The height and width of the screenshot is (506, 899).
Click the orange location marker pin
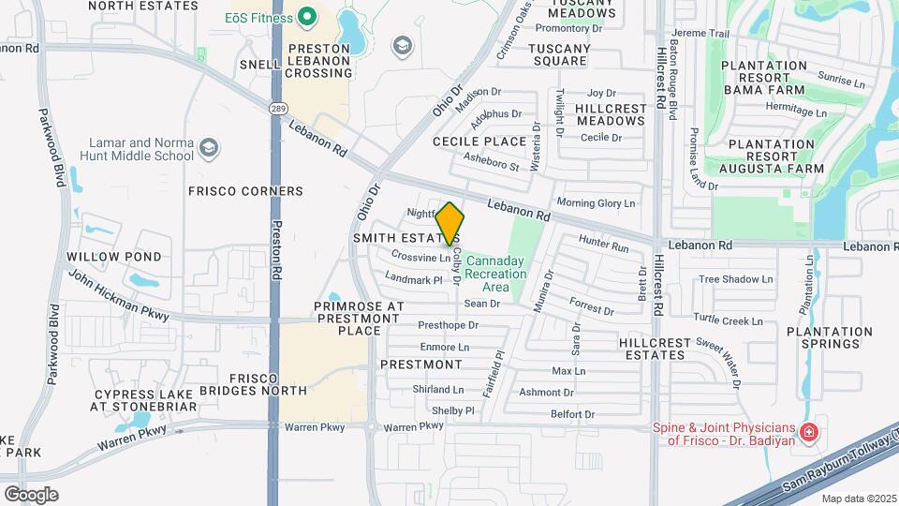click(x=450, y=224)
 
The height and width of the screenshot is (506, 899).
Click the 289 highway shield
click(x=277, y=83)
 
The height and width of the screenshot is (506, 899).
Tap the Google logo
click(x=31, y=494)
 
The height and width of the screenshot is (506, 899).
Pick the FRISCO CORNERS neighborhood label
click(x=245, y=191)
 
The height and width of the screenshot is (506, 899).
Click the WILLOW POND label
click(x=113, y=257)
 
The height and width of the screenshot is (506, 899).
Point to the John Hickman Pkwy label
click(x=118, y=294)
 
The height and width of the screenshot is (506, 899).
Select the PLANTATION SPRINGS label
click(x=830, y=338)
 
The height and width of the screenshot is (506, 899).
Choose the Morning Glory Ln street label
click(x=596, y=202)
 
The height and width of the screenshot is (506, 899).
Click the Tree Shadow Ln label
click(x=736, y=279)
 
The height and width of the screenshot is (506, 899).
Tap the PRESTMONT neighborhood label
click(x=420, y=365)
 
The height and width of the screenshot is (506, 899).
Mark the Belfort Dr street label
click(x=572, y=414)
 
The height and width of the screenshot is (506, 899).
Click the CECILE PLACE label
click(x=479, y=141)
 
